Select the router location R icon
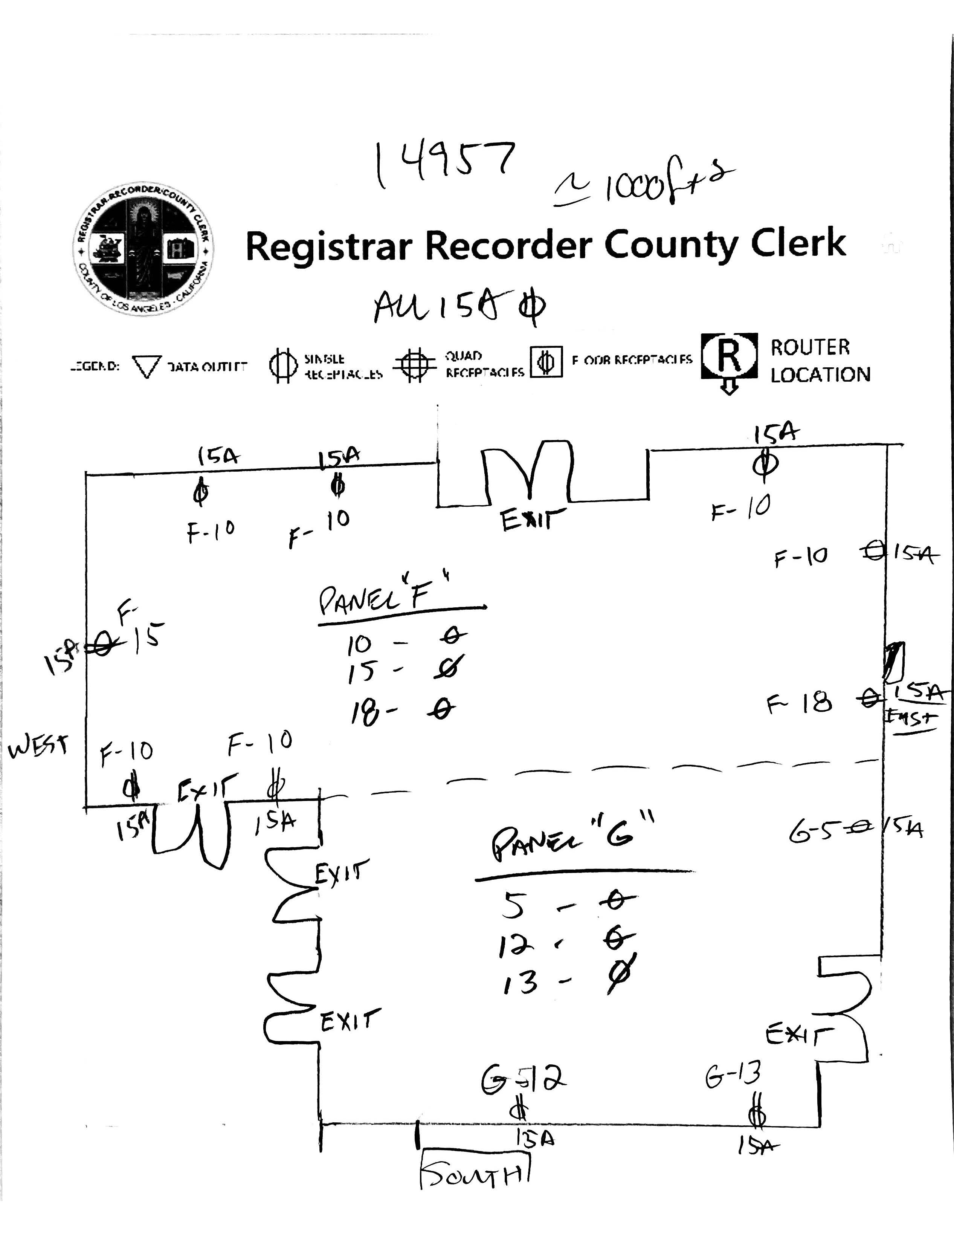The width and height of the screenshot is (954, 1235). (729, 356)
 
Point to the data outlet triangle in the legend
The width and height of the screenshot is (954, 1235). (147, 367)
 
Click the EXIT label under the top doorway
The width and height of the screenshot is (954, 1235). (533, 520)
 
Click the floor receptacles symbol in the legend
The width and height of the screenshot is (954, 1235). (546, 362)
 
